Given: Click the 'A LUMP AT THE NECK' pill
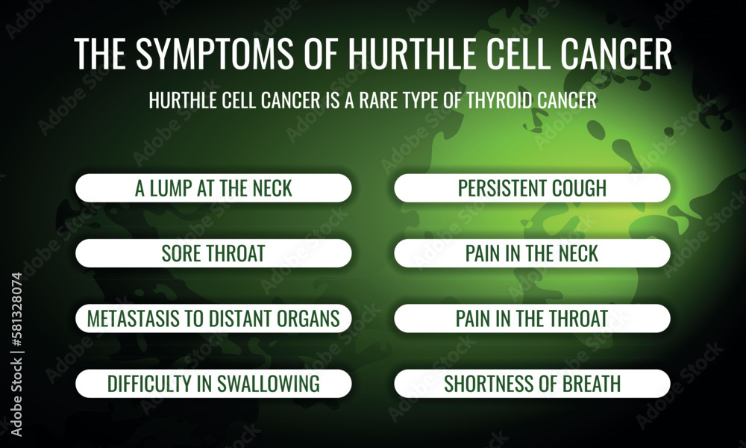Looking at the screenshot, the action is click(x=213, y=188).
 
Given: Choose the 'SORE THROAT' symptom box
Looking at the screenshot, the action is click(x=213, y=253).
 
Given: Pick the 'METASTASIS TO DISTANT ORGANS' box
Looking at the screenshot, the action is click(x=213, y=319).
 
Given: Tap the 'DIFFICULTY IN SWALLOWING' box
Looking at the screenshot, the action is click(x=213, y=384).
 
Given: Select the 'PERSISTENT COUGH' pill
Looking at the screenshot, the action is click(x=533, y=188).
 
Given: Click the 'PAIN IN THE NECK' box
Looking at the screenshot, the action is click(x=533, y=253).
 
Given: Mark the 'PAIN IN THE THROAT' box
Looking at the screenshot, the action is click(x=533, y=319).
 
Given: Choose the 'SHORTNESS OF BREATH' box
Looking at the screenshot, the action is click(x=533, y=384).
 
